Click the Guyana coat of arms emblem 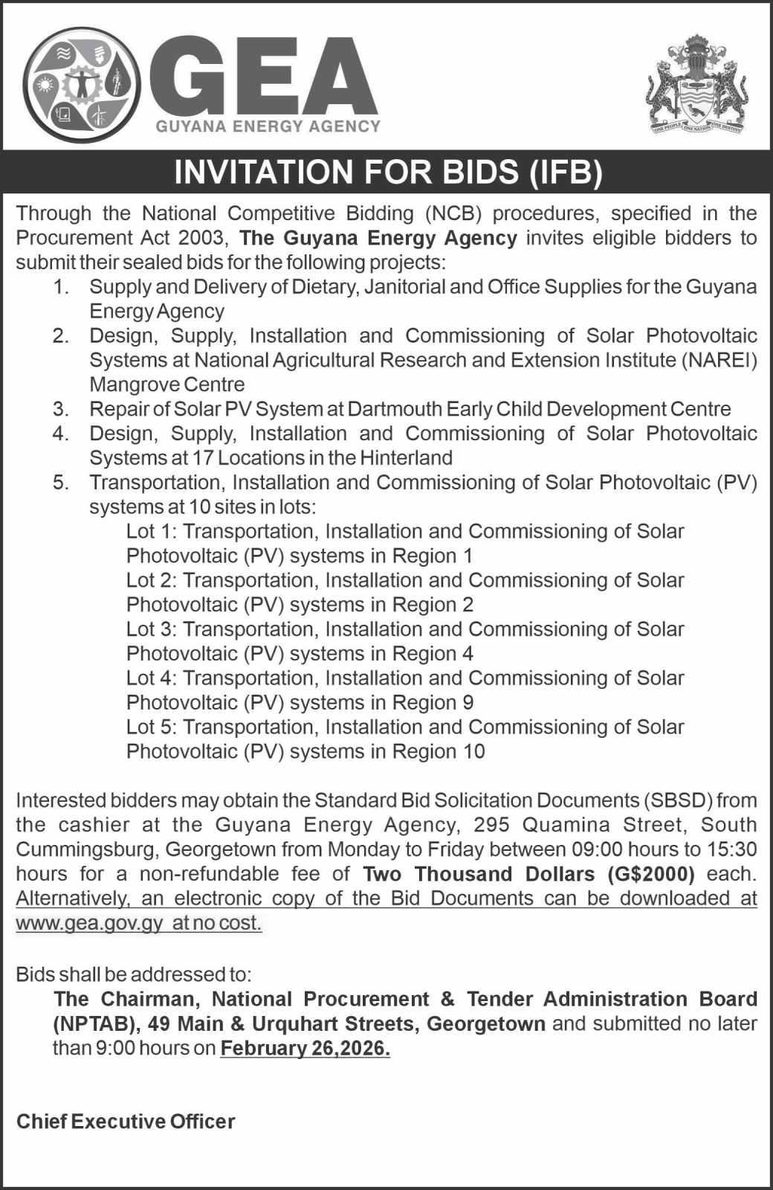pos(696,83)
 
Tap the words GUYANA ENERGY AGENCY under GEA pos(268,126)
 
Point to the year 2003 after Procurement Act pos(201,238)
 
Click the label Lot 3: pos(152,629)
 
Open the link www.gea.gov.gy pos(88,923)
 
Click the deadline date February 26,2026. pos(305,1049)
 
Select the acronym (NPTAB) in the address pos(97,1024)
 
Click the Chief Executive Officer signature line pos(126,1121)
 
